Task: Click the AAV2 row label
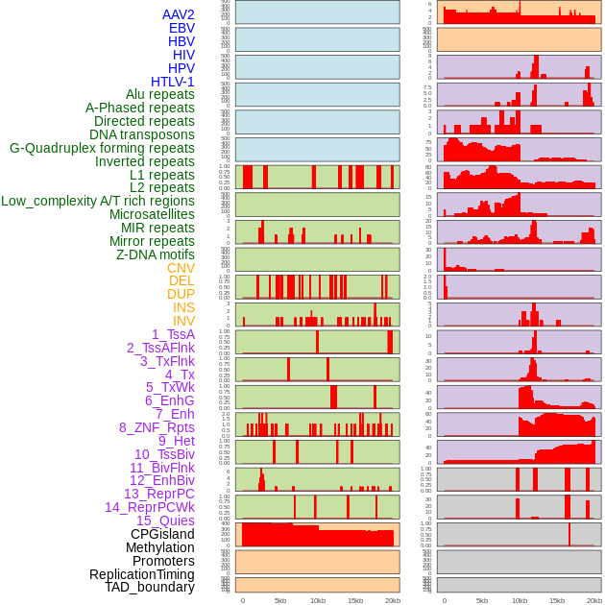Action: pyautogui.click(x=179, y=15)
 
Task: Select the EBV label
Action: pyautogui.click(x=181, y=29)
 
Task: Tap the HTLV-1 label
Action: pyautogui.click(x=173, y=82)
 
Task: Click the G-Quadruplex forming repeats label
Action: pyautogui.click(x=102, y=148)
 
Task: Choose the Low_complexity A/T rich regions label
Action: pyautogui.click(x=98, y=201)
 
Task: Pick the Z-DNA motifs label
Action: pyautogui.click(x=156, y=254)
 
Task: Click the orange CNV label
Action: pyautogui.click(x=181, y=268)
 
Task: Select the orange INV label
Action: pyautogui.click(x=183, y=321)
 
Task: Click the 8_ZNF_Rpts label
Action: pyautogui.click(x=157, y=427)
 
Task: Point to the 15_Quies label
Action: pyautogui.click(x=165, y=520)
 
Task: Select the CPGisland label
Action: pyautogui.click(x=162, y=534)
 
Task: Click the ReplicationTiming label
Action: pyautogui.click(x=142, y=574)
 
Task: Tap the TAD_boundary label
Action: pyautogui.click(x=150, y=587)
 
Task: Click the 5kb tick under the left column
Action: pyautogui.click(x=280, y=600)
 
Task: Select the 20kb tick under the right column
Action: pyautogui.click(x=594, y=600)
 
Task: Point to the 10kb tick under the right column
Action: pyautogui.click(x=520, y=600)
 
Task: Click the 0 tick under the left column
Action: pyautogui.click(x=242, y=600)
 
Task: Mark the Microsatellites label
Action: pyautogui.click(x=152, y=214)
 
